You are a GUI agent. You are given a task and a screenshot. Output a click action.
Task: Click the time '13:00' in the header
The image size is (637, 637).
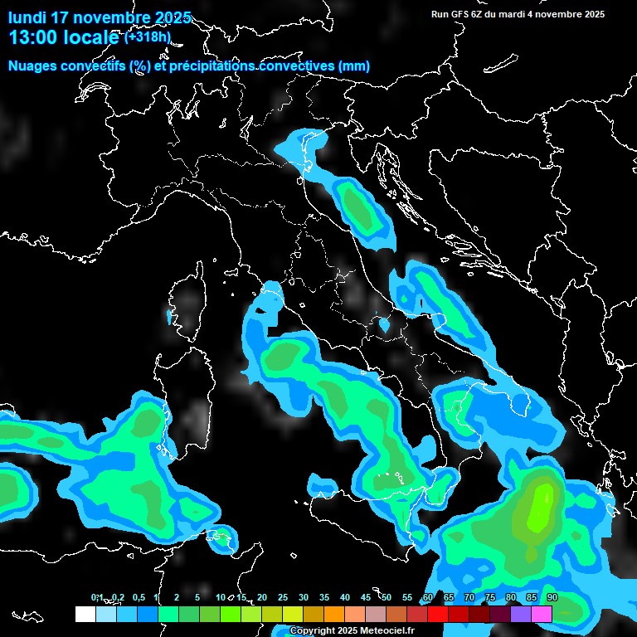click(x=32, y=37)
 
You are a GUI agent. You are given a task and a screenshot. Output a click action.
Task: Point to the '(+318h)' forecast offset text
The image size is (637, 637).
click(x=148, y=36)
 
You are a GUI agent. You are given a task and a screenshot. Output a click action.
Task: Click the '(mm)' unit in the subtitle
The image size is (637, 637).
click(x=354, y=66)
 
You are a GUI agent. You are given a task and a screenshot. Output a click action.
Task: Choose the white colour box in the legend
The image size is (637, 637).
click(x=85, y=614)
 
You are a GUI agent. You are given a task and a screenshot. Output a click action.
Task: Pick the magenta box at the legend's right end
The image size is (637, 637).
click(x=542, y=614)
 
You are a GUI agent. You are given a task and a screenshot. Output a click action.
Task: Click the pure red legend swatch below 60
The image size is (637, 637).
click(x=438, y=614)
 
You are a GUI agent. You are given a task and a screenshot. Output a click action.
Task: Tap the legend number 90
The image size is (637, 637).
click(x=552, y=598)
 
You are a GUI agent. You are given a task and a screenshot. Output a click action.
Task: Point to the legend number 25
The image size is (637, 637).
click(x=283, y=598)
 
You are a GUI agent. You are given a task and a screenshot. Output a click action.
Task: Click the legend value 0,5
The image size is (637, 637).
click(x=138, y=598)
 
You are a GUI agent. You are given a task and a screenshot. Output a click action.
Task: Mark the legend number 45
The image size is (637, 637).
click(x=366, y=598)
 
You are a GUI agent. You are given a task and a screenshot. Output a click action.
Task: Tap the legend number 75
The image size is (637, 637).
click(x=490, y=598)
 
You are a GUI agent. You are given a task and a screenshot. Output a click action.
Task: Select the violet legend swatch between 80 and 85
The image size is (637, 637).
click(x=521, y=614)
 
